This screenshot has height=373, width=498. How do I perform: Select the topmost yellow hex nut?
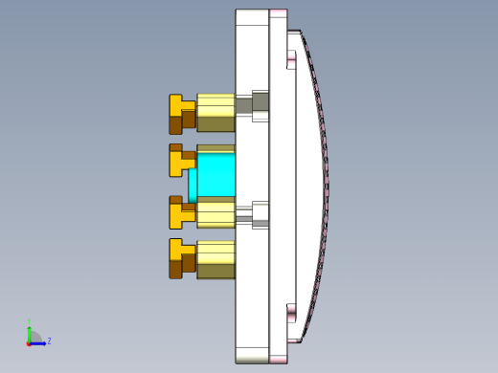coord(215,113)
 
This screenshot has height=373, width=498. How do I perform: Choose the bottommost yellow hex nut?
coord(215,259)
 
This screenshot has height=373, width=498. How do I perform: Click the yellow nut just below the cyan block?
coord(215,213)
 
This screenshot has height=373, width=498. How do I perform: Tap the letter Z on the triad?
coord(49,340)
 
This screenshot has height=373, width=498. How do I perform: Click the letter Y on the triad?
coord(29,321)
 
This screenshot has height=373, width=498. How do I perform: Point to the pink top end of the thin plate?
coord(278,13)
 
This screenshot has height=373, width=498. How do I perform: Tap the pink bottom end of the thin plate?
coord(278,359)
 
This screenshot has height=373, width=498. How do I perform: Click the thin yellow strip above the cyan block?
coord(215,148)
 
